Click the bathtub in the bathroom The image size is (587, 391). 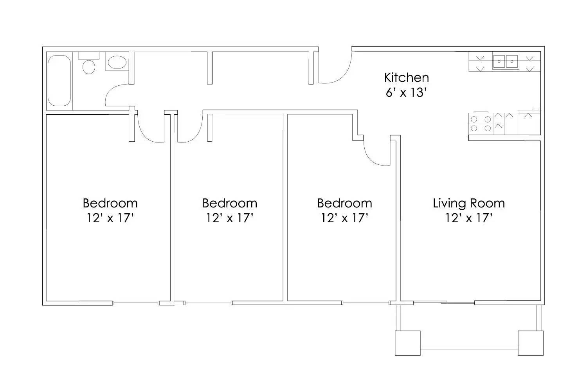[x=59, y=81]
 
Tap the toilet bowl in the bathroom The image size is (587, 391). [x=89, y=66]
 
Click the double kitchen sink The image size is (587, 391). [x=505, y=61]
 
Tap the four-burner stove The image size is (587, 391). [x=481, y=123]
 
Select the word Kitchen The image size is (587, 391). [x=406, y=77]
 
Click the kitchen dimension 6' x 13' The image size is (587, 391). [x=406, y=93]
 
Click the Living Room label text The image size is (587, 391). [x=468, y=203]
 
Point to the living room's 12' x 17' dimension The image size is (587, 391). [x=468, y=218]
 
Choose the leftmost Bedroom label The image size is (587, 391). [x=110, y=203]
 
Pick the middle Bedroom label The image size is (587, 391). [x=230, y=203]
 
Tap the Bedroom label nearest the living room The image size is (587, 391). [x=344, y=203]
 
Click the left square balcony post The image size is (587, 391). [x=407, y=343]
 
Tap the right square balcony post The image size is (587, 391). [x=530, y=343]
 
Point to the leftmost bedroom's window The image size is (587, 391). [x=136, y=303]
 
